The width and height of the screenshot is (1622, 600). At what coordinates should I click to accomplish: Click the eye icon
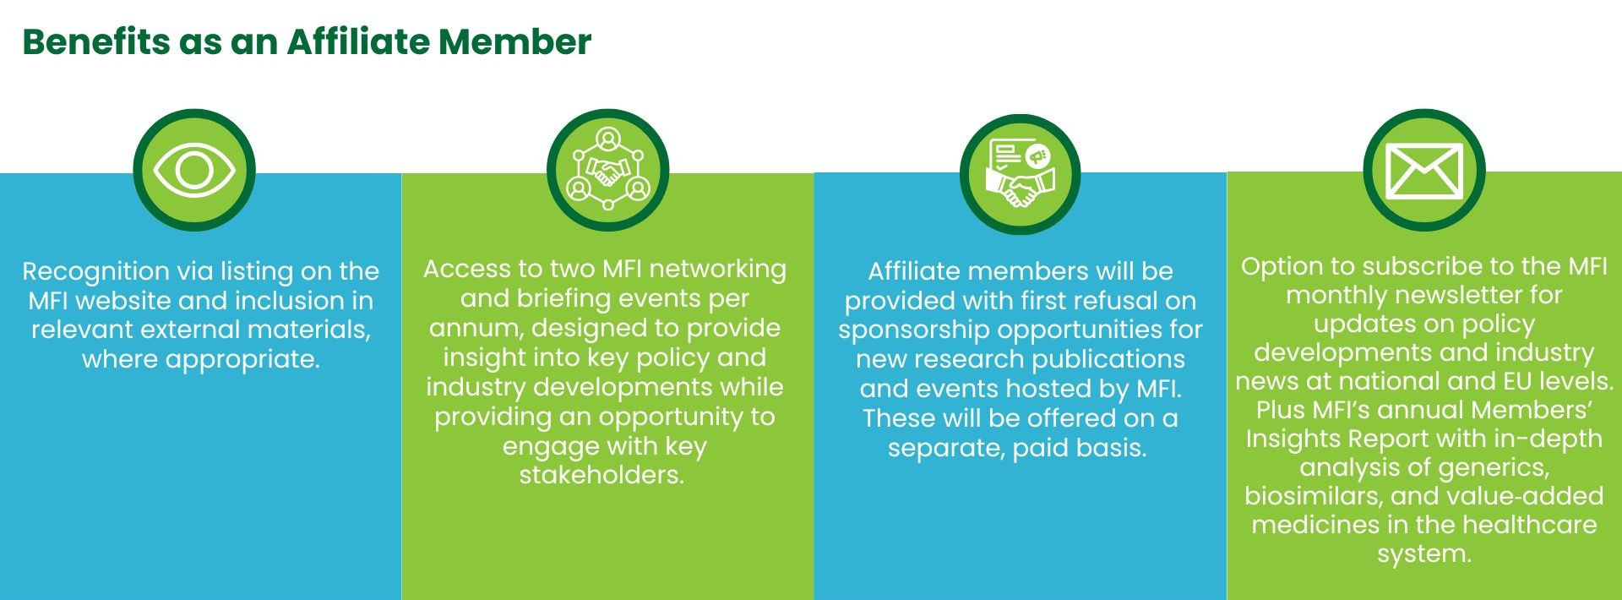[194, 170]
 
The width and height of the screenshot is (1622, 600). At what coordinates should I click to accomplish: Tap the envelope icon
[1424, 171]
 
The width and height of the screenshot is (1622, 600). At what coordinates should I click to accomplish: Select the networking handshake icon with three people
[607, 169]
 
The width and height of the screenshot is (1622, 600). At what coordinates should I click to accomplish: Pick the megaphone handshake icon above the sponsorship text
[1021, 174]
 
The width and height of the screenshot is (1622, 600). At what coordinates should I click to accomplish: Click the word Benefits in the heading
[95, 41]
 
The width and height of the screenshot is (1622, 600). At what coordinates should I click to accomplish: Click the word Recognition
[96, 272]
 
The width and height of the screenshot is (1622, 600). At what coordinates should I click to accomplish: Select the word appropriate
[242, 360]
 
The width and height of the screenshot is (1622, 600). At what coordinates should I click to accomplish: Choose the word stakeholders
[601, 475]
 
